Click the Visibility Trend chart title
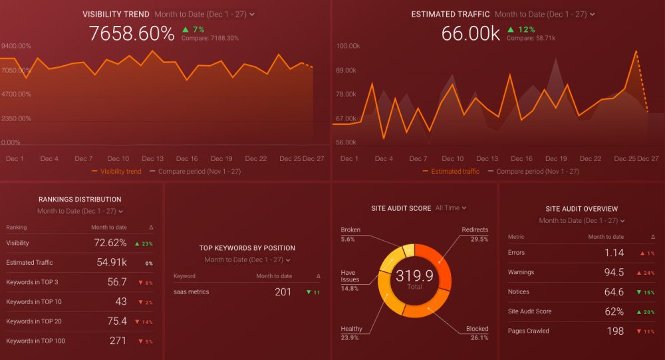(x=116, y=14)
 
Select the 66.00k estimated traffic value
(x=470, y=33)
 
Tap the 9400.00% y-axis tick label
(x=17, y=46)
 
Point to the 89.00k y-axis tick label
(x=348, y=70)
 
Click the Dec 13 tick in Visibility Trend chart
(x=152, y=158)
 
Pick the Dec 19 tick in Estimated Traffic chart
(x=555, y=158)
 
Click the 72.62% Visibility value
(x=110, y=243)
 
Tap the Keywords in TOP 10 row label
(x=34, y=301)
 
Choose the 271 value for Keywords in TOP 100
(x=118, y=341)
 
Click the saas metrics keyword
(x=192, y=291)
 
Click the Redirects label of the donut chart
(x=475, y=230)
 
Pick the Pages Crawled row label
(x=529, y=331)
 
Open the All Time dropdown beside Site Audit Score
(x=451, y=208)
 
